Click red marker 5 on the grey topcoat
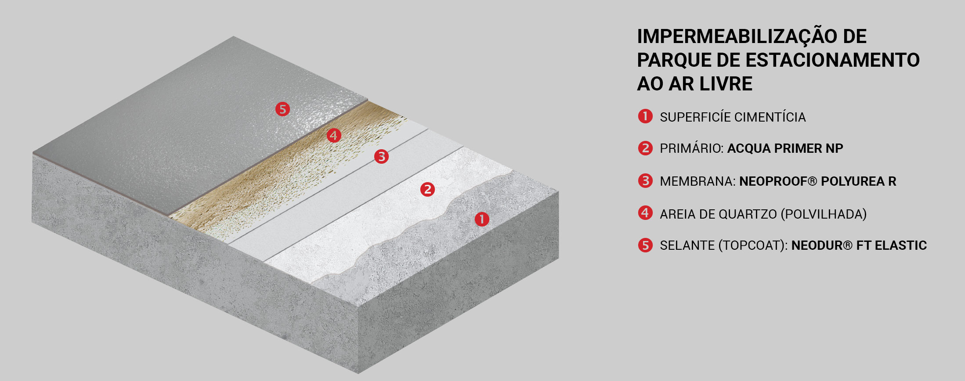click(282, 109)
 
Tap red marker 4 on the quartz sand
click(334, 135)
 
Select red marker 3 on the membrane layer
click(381, 156)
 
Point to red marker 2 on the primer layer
click(427, 189)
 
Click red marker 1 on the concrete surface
click(482, 219)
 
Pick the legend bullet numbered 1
click(645, 116)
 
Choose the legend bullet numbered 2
click(645, 148)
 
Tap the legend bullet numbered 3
click(645, 180)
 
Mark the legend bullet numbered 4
click(645, 213)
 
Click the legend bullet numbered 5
click(645, 245)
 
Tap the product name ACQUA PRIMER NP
click(785, 148)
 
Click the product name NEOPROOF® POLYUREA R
click(817, 181)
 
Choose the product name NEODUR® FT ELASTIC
click(859, 245)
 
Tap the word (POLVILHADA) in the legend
click(824, 214)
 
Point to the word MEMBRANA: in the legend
click(698, 181)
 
